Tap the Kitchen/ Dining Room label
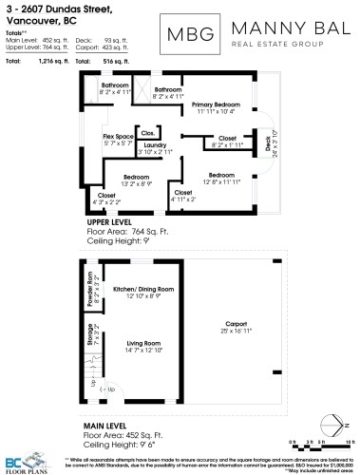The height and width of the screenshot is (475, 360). point(143,288)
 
